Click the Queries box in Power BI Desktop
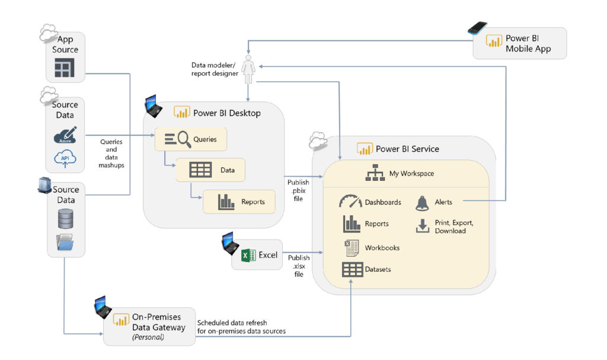191,139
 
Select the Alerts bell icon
422,203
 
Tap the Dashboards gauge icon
350,202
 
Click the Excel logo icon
248,256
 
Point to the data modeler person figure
248,68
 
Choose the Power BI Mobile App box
519,43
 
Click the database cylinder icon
65,219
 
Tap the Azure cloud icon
65,136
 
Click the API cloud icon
65,159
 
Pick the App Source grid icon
65,69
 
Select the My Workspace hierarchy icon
375,174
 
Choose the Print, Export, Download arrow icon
422,226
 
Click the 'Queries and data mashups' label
111,154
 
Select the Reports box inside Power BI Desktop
239,202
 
